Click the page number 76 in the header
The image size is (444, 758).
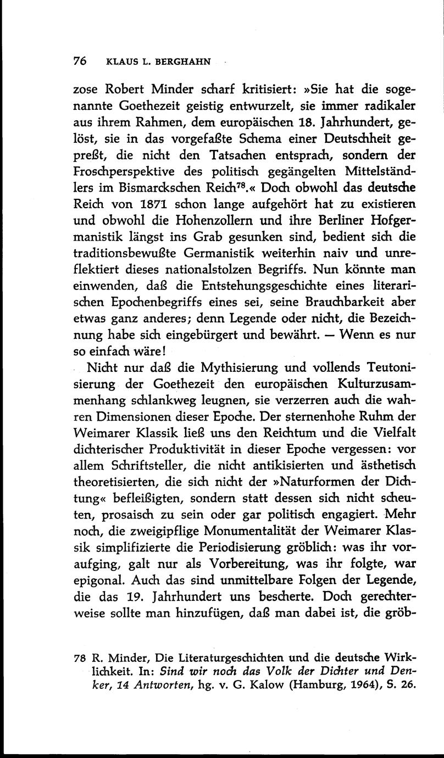pyautogui.click(x=80, y=62)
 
